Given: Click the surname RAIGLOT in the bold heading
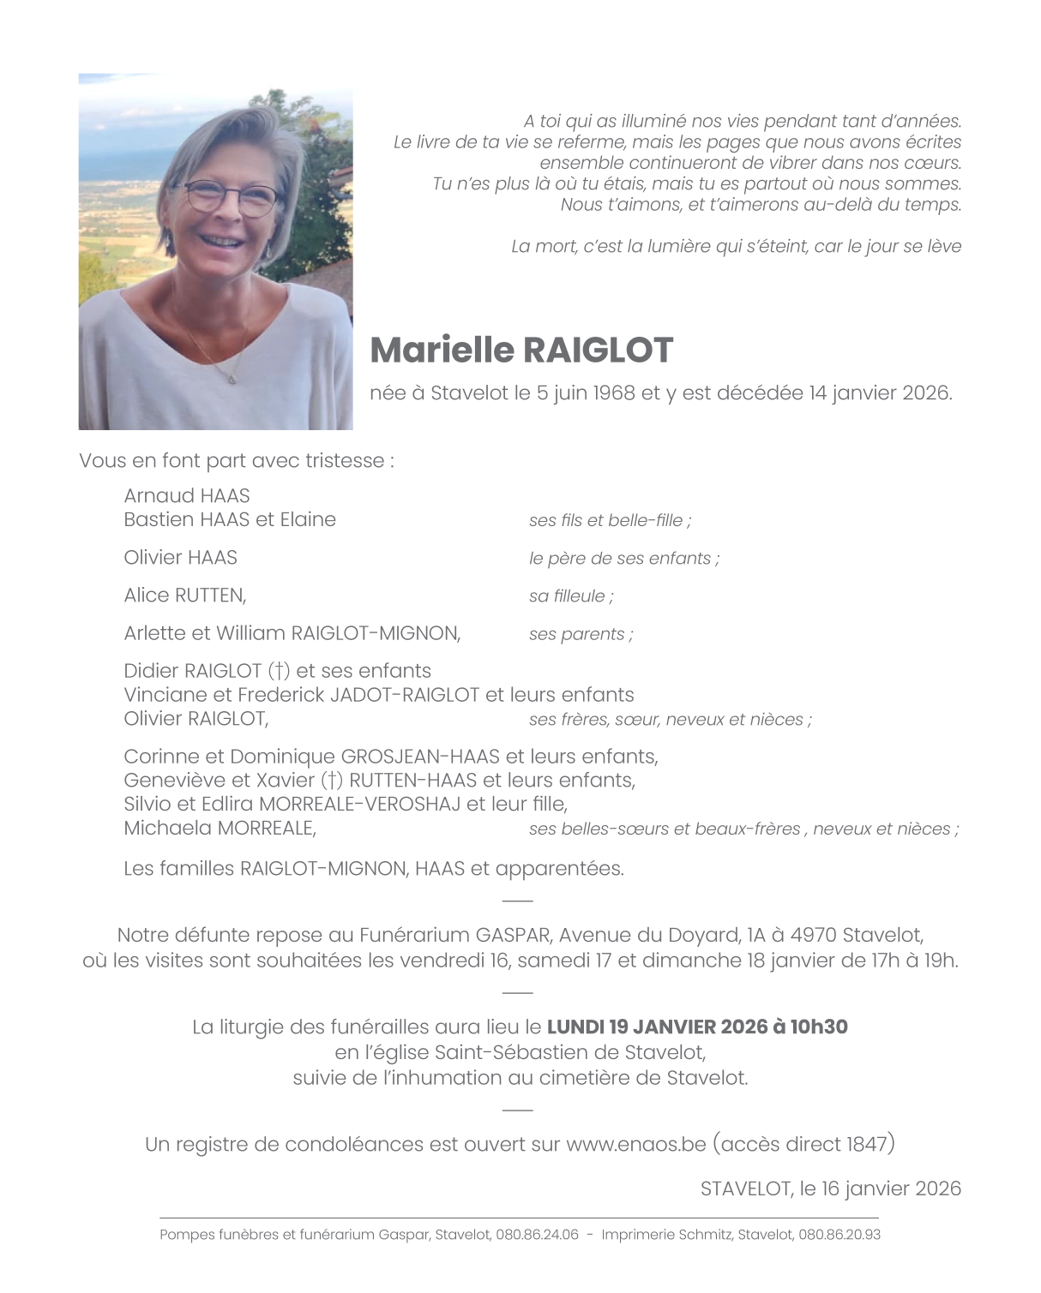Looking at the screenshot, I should coord(597,350).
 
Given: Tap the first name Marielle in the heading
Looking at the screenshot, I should coord(442,350).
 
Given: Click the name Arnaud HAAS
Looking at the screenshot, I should coord(187,496).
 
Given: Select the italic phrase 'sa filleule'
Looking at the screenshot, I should coord(568,596).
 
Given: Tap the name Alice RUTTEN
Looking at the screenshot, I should coord(184,596).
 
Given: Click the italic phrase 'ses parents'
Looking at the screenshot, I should coord(577,635).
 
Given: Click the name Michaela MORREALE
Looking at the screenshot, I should coord(220,829).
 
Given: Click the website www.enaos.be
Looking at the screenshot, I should coord(635,1144).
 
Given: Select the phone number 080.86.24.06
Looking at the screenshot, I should coord(537,1235).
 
